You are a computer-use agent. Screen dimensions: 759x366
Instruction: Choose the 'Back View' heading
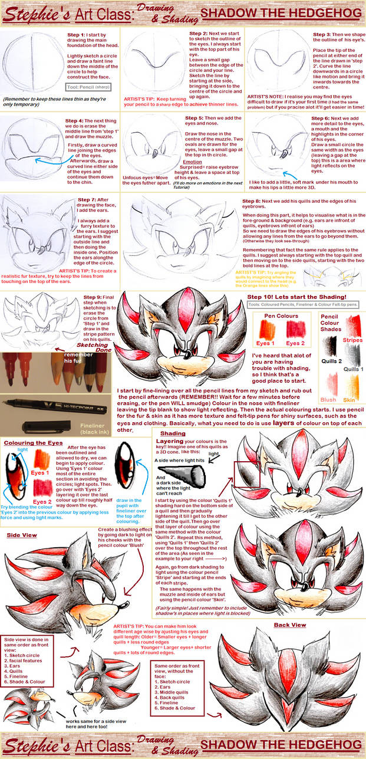pyautogui.click(x=289, y=625)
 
